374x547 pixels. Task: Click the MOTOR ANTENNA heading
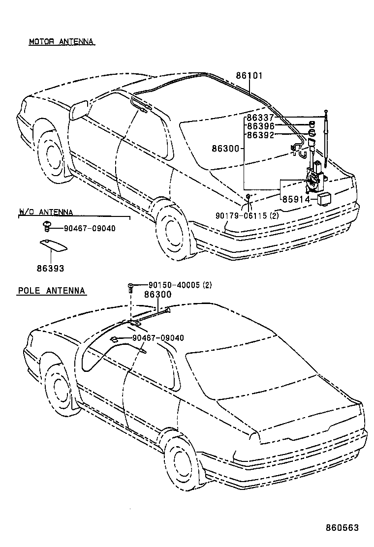61,42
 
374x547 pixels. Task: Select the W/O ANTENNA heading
46,213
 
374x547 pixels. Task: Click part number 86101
249,76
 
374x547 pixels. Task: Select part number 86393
50,269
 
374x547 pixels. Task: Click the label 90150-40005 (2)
180,285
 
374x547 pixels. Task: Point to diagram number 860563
342,528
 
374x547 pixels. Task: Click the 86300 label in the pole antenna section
157,295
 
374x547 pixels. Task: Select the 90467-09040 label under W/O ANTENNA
90,229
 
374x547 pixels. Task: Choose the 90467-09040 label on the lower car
157,338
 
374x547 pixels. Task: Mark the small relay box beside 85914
324,199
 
